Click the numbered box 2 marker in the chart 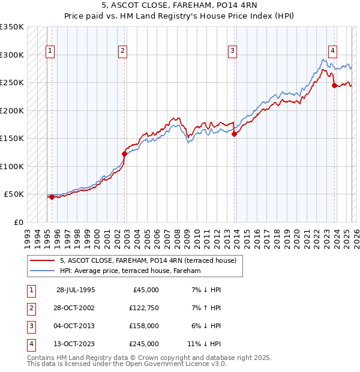click(122, 52)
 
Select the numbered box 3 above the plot click(232, 52)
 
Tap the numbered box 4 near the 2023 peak click(332, 52)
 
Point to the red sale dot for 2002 click(125, 154)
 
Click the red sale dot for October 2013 click(235, 134)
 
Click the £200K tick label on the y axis click(12, 110)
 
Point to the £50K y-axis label click(14, 194)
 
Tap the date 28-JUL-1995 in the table click(76, 290)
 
